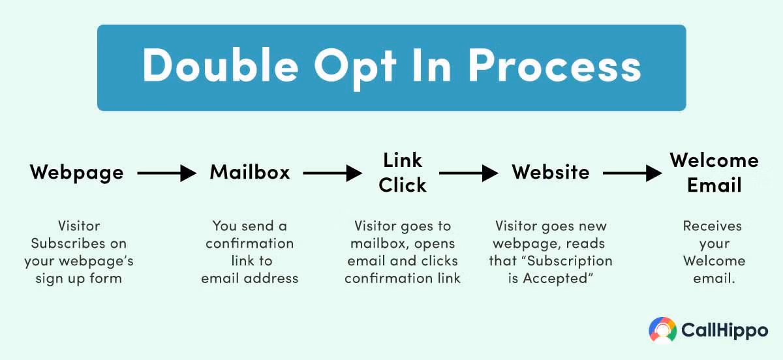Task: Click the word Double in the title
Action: click(221, 66)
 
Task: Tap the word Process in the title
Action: click(555, 66)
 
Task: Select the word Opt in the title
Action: click(355, 68)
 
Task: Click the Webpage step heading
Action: click(76, 173)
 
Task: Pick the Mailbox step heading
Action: click(249, 172)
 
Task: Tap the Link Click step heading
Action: click(403, 173)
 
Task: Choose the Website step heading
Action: click(551, 172)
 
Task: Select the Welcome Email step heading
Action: click(714, 173)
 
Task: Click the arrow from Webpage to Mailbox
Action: click(167, 173)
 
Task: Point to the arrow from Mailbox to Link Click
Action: click(332, 173)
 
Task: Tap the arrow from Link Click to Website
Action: click(468, 173)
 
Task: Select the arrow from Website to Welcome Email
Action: click(632, 173)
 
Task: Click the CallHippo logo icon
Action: click(662, 330)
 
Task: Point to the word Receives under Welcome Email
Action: click(713, 226)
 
